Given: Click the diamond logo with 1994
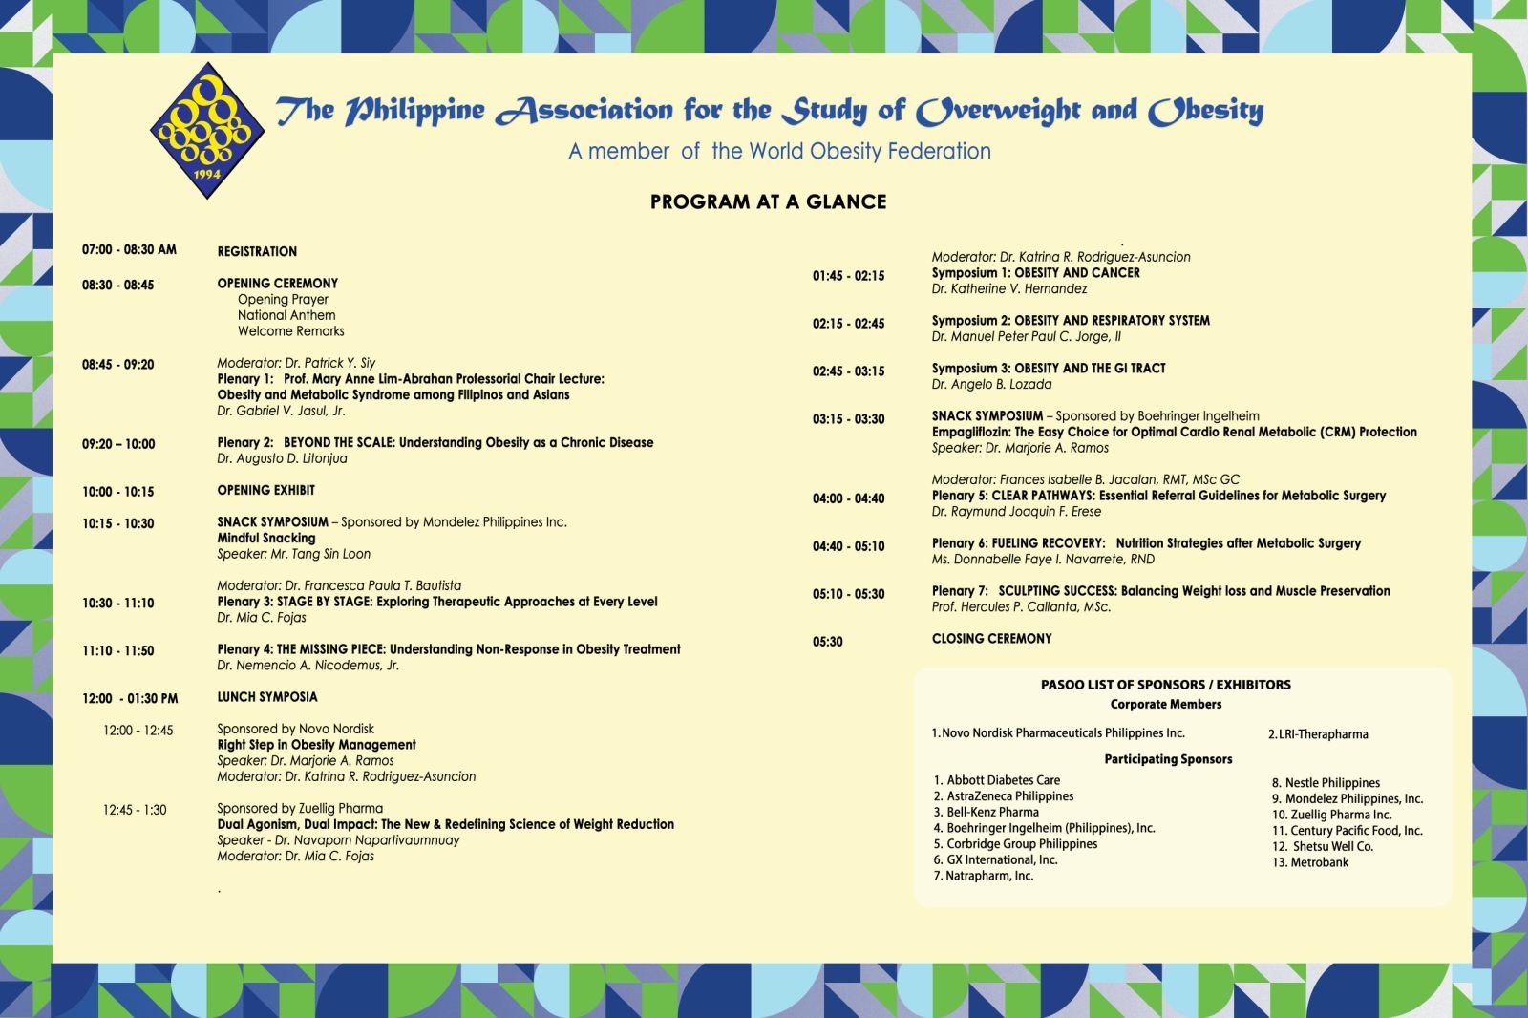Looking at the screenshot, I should (207, 130).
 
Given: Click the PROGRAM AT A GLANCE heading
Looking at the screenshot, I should (768, 201).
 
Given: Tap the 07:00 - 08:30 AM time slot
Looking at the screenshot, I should (129, 250).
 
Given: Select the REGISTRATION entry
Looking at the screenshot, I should (257, 252).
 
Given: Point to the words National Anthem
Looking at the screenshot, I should (286, 315).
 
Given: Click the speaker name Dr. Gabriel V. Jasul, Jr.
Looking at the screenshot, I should (281, 412).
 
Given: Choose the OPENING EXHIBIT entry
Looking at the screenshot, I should (265, 491).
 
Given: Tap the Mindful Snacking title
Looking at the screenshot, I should (265, 539).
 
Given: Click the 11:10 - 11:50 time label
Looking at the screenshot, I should (117, 651).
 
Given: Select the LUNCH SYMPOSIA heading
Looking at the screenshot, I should (267, 697).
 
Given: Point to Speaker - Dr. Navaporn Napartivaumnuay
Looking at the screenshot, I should (338, 840).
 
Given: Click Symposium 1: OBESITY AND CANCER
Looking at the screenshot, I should (1035, 273).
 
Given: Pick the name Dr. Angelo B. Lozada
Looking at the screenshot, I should (991, 385).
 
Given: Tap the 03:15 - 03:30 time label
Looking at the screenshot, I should (848, 419).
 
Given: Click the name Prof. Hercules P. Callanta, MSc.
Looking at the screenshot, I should (1021, 607).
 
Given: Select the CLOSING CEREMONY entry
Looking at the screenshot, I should (991, 639).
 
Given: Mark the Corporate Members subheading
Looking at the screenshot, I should (1165, 705).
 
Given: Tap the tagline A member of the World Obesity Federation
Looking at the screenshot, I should (779, 152).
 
